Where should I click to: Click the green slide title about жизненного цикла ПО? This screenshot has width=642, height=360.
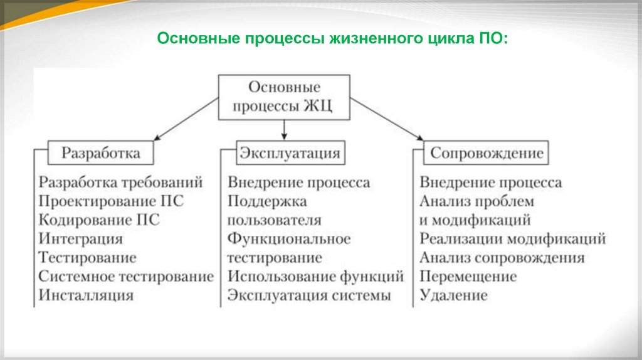(333, 40)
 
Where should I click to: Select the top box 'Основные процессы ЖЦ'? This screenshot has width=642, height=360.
(283, 97)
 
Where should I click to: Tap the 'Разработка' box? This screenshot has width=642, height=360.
(101, 153)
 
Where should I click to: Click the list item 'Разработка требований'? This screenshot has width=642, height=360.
(121, 183)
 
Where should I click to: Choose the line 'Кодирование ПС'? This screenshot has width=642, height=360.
(99, 220)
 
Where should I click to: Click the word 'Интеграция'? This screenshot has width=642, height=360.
(80, 239)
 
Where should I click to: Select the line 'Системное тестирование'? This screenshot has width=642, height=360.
(126, 277)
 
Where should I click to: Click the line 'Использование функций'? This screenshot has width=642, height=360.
(315, 277)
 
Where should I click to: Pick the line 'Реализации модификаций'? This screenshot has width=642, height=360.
(513, 239)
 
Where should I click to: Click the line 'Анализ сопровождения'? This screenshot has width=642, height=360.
(502, 258)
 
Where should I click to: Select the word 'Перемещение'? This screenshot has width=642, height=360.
(468, 277)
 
